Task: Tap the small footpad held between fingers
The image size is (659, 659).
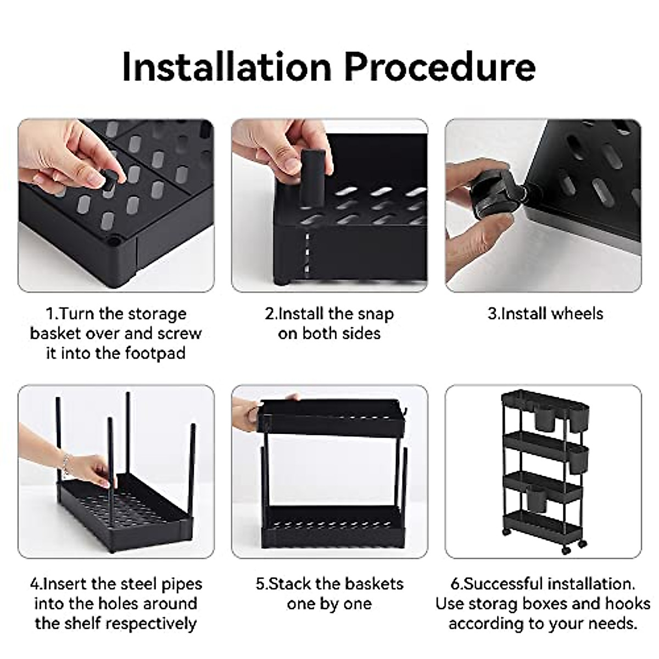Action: (x=110, y=180)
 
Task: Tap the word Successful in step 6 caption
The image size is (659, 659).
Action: (x=502, y=584)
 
